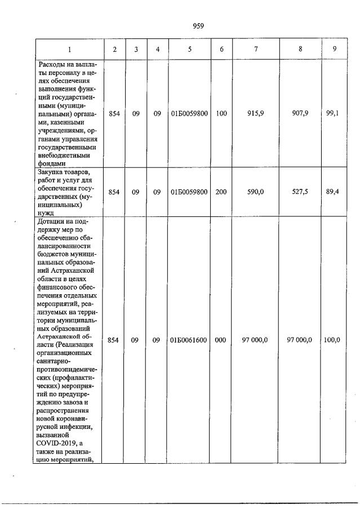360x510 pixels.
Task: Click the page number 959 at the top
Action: [x=198, y=25]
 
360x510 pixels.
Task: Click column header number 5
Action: [x=189, y=49]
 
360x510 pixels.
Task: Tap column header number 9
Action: [x=335, y=49]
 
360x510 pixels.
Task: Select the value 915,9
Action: [x=256, y=113]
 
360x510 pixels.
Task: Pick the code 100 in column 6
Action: [x=221, y=113]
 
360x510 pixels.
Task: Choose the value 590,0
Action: [x=256, y=192]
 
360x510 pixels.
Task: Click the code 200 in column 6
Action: [x=221, y=192]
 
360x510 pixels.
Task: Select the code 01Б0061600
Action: [x=189, y=340]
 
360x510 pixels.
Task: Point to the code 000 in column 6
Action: [x=221, y=340]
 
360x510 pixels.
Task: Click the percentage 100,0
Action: [x=332, y=340]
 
